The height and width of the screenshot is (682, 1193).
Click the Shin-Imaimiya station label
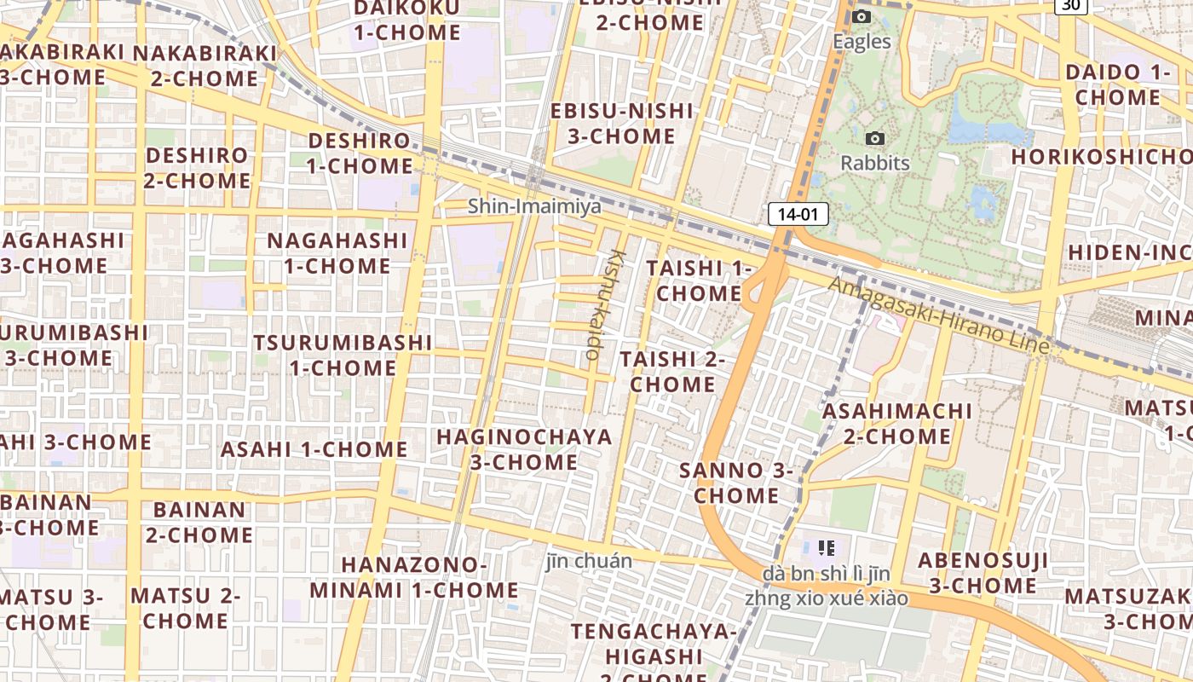pos(534,206)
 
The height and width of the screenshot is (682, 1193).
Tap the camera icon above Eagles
pos(862,17)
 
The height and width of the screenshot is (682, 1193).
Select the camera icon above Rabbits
pos(874,138)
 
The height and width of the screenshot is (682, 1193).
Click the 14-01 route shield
pos(798,215)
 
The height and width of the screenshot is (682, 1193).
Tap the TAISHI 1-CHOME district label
pos(699,280)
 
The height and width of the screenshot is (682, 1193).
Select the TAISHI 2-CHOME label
pos(672,372)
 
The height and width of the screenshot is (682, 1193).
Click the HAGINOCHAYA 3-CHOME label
pos(524,450)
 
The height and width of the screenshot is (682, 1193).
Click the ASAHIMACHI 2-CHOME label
pos(896,424)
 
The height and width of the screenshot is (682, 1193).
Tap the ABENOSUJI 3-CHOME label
pos(983,573)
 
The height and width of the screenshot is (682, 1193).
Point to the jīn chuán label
pos(589,561)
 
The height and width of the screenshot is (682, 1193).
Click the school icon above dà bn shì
pos(826,547)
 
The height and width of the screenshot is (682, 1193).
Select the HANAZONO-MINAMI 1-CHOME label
pos(414,577)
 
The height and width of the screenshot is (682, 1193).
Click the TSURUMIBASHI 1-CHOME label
pos(343,355)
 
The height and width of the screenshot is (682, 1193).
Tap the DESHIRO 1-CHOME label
pos(360,153)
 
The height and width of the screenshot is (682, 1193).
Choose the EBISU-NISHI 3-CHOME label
pos(622,124)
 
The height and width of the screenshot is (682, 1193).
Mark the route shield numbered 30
pos(1070,5)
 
